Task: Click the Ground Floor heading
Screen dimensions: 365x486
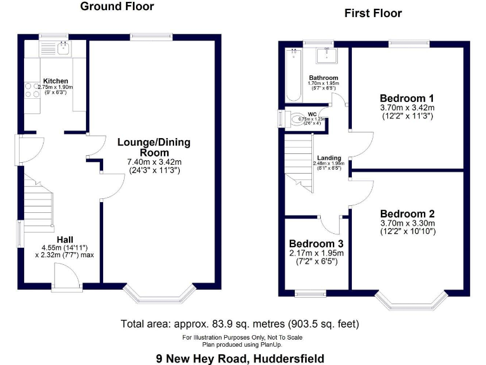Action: tap(117, 7)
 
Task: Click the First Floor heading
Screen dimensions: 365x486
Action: tap(373, 13)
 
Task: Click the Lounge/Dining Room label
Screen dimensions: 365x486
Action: tap(154, 147)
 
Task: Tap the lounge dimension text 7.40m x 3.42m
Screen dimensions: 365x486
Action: tap(155, 162)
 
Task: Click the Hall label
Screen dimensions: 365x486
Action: tap(65, 238)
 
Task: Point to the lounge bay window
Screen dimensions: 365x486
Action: tap(158, 294)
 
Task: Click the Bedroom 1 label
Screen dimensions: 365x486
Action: tap(406, 98)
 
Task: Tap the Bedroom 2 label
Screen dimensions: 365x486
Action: tap(406, 214)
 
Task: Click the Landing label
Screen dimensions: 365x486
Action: tap(329, 158)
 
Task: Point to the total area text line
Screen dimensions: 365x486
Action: tap(240, 324)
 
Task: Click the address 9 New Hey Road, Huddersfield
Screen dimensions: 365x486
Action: tap(240, 358)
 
